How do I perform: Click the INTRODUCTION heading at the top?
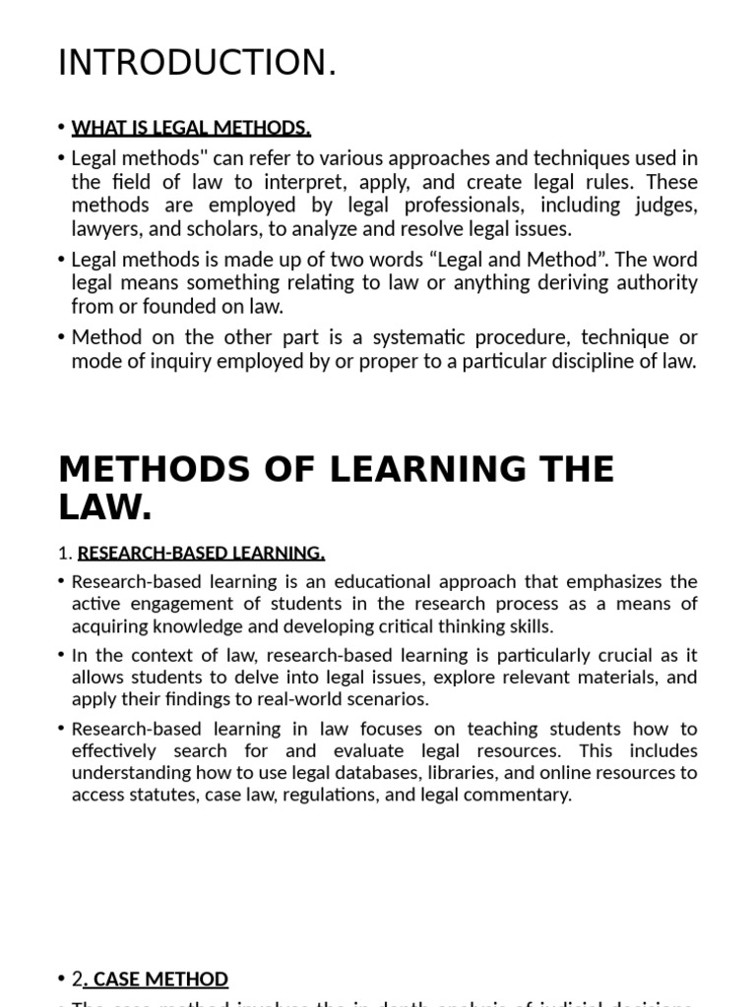(x=197, y=63)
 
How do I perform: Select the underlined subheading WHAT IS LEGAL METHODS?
(x=191, y=128)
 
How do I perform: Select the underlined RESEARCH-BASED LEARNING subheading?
(x=201, y=553)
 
